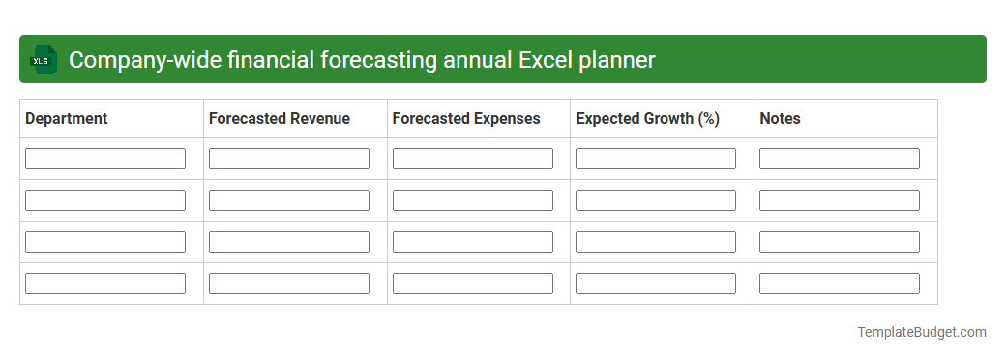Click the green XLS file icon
click(x=44, y=60)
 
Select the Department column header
click(x=67, y=119)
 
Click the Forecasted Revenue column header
click(x=280, y=119)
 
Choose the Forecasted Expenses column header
click(x=466, y=119)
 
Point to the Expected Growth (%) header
click(x=647, y=119)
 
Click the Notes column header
click(x=780, y=119)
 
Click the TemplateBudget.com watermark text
click(x=921, y=332)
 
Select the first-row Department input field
click(x=105, y=159)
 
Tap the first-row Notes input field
click(x=839, y=159)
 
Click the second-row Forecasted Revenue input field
click(x=288, y=200)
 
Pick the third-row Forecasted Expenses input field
click(x=472, y=242)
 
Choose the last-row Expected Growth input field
click(x=656, y=284)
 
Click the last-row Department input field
click(x=105, y=284)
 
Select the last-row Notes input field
click(x=839, y=284)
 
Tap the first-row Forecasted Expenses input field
click(x=472, y=159)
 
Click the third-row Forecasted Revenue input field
click(x=288, y=242)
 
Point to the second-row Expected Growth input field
click(x=656, y=200)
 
